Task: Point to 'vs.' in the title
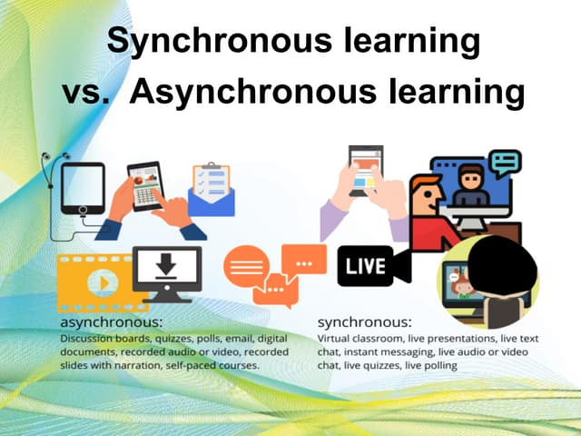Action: tap(85, 93)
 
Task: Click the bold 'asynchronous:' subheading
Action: tap(110, 322)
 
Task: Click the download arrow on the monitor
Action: tap(166, 265)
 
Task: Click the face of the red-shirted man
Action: tap(424, 196)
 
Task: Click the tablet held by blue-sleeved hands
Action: tap(145, 185)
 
